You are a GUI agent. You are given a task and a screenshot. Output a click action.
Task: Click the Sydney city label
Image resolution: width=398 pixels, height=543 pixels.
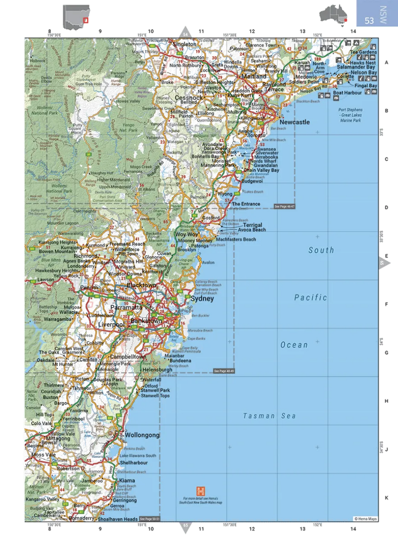(x=202, y=299)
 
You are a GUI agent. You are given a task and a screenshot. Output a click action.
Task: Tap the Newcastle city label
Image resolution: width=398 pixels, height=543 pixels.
(x=295, y=122)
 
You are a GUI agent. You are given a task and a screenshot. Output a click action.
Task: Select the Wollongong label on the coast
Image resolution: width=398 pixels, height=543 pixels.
(x=142, y=435)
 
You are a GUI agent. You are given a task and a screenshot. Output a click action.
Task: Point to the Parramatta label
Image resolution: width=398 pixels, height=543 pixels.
(x=126, y=308)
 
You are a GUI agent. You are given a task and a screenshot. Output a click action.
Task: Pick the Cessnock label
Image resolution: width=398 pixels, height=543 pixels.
(x=189, y=98)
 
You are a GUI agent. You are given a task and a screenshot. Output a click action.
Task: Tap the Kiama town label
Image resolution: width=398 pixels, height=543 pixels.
(x=127, y=481)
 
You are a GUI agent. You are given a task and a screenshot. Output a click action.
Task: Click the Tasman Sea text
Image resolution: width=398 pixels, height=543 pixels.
(x=269, y=416)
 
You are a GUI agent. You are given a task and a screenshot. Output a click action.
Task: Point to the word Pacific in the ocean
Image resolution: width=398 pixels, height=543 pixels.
(x=310, y=297)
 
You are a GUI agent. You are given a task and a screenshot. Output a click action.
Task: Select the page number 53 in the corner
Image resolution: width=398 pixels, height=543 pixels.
(x=369, y=21)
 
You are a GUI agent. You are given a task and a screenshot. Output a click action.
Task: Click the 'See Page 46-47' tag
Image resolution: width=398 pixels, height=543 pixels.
(x=284, y=206)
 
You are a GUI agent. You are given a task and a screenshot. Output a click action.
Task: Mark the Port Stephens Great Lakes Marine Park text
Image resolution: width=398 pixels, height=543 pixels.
(x=350, y=115)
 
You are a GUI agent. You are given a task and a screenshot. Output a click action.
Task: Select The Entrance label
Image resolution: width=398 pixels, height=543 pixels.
(x=246, y=204)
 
